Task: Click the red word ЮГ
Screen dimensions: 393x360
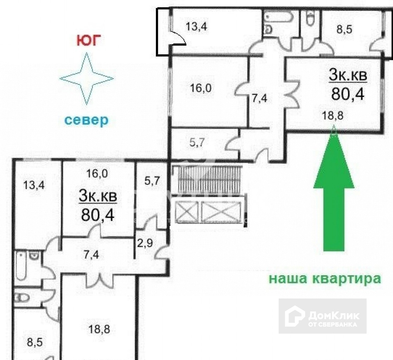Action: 88,40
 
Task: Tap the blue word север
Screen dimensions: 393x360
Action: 87,120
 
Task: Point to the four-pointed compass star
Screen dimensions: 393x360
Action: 87,78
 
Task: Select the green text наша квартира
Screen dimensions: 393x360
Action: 325,278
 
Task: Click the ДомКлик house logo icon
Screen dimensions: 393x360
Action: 294,316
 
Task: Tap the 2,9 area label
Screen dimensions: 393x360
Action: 145,243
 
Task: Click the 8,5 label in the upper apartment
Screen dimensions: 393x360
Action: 344,29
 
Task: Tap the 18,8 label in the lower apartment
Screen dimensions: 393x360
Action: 99,329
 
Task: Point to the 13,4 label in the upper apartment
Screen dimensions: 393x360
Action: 196,26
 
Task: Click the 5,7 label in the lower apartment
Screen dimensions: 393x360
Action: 152,180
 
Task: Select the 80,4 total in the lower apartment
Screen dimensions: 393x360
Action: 98,215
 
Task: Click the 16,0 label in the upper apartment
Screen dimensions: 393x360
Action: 201,88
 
